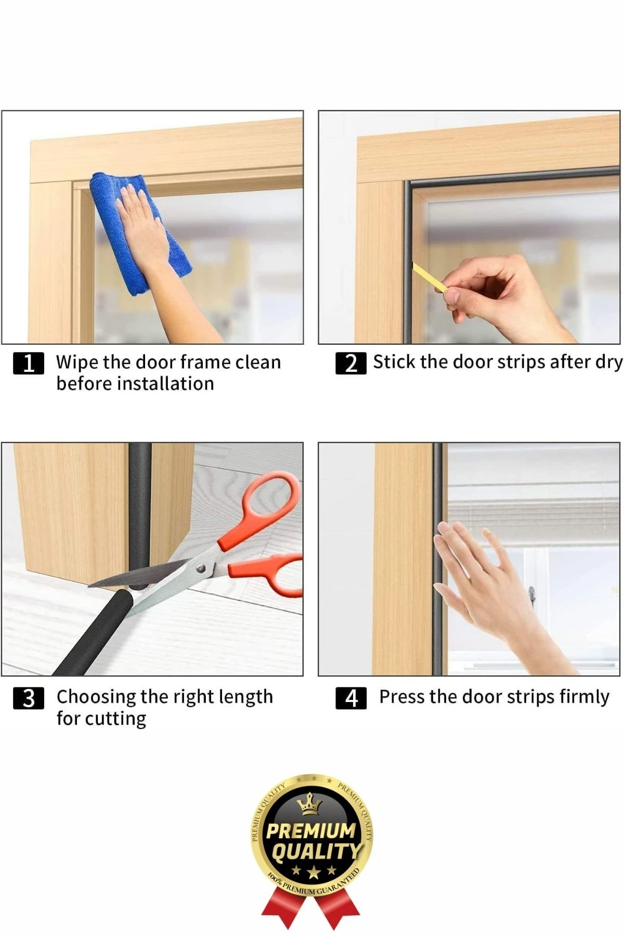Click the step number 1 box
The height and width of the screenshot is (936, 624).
coord(29,363)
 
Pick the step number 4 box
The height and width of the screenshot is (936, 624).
coord(352,698)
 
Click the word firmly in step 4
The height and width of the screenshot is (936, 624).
coord(584,697)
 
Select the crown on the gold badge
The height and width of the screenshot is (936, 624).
coord(309,805)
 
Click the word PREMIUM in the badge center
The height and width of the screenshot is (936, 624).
coord(311,830)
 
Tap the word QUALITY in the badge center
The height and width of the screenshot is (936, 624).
coord(315,851)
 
